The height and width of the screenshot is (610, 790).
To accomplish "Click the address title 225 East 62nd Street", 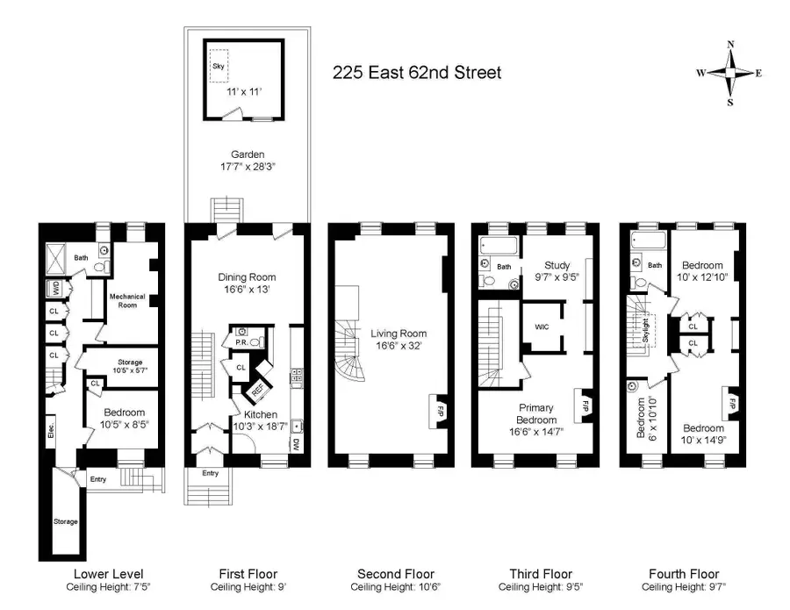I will click(417, 73).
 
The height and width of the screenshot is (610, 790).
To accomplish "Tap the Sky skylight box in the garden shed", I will click(218, 67).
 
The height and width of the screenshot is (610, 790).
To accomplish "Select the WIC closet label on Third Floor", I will click(542, 327).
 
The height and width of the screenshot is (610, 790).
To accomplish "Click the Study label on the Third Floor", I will click(557, 266).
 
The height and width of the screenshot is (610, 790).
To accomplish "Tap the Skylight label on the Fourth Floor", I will click(648, 332).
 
